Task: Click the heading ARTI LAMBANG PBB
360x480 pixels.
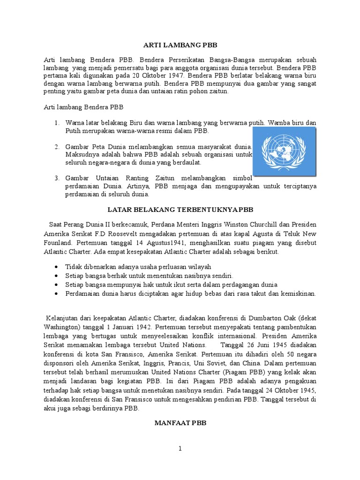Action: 180,45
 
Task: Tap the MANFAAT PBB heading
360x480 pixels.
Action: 180,423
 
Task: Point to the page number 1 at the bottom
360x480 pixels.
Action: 180,449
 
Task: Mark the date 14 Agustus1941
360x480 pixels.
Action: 160,242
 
